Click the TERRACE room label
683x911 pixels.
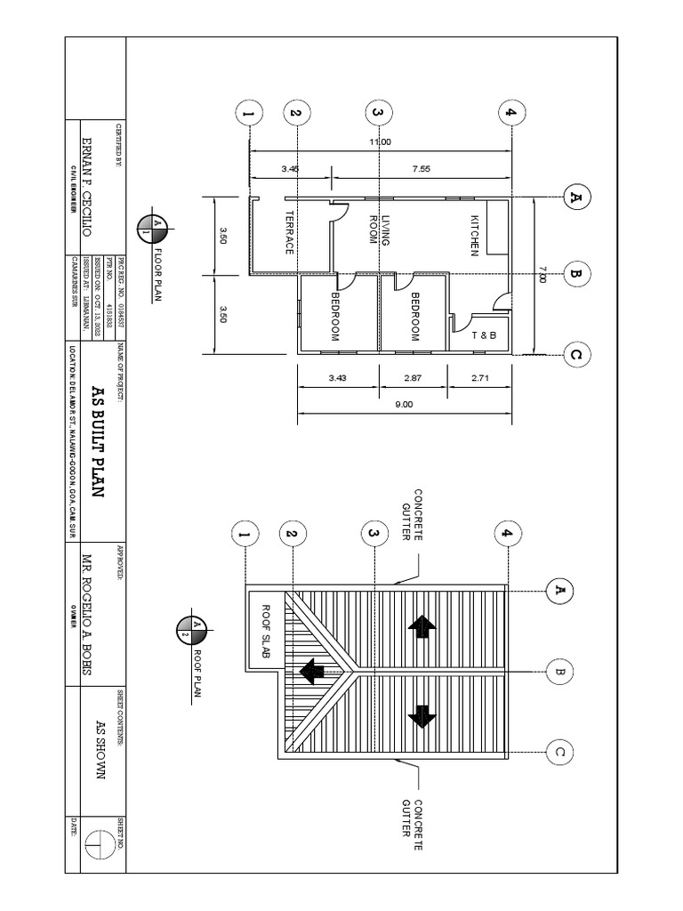pyautogui.click(x=289, y=233)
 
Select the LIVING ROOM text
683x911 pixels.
pyautogui.click(x=380, y=230)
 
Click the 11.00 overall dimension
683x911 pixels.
pyautogui.click(x=380, y=142)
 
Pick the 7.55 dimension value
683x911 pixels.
pyautogui.click(x=421, y=168)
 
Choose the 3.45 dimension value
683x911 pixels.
pyautogui.click(x=289, y=168)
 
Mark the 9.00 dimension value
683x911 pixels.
pyautogui.click(x=405, y=404)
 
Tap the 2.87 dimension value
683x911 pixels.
pyautogui.click(x=412, y=378)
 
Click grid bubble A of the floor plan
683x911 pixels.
pyautogui.click(x=577, y=197)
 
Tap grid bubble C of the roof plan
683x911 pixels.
pyautogui.click(x=560, y=753)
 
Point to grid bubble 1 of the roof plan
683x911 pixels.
pyautogui.click(x=243, y=535)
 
